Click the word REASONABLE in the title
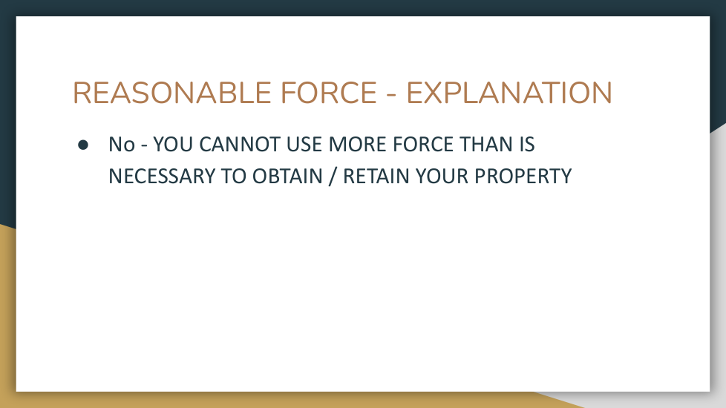(x=171, y=93)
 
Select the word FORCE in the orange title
(x=329, y=93)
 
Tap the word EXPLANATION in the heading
(x=509, y=93)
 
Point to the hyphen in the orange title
(x=391, y=95)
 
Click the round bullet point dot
(x=83, y=145)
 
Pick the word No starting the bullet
(x=122, y=145)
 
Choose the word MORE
(x=357, y=145)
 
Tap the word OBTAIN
(x=287, y=177)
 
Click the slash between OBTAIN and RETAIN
(x=332, y=177)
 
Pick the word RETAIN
(x=376, y=177)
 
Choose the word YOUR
(x=442, y=177)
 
